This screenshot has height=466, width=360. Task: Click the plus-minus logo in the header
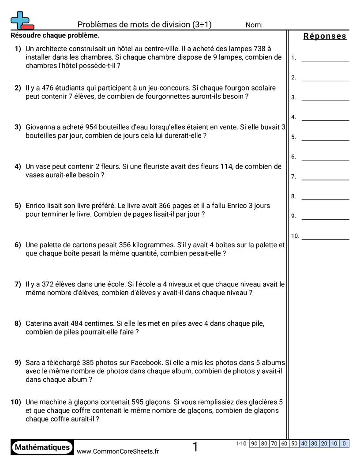pyautogui.click(x=22, y=20)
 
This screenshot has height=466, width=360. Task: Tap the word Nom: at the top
pyautogui.click(x=254, y=25)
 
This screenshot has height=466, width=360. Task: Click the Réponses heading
pyautogui.click(x=325, y=36)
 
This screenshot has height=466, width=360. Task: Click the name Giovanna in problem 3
pyautogui.click(x=41, y=127)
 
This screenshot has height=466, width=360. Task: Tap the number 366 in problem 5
pyautogui.click(x=132, y=206)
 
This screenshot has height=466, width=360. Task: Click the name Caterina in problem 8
pyautogui.click(x=41, y=323)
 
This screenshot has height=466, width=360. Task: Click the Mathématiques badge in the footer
pyautogui.click(x=42, y=447)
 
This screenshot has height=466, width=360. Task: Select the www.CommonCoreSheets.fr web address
pyautogui.click(x=118, y=451)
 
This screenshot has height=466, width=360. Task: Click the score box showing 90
pyautogui.click(x=254, y=443)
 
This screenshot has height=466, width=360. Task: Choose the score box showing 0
pyautogui.click(x=344, y=443)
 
